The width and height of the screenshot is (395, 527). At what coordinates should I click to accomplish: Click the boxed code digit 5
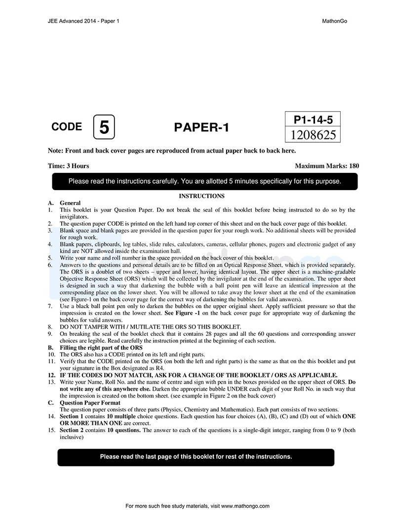(x=104, y=127)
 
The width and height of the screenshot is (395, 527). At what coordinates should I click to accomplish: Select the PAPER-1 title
(x=201, y=127)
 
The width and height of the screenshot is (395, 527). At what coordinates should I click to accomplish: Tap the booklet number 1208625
(x=312, y=135)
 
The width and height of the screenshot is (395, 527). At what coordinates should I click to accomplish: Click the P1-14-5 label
(x=312, y=120)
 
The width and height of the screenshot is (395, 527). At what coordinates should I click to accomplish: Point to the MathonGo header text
(x=334, y=21)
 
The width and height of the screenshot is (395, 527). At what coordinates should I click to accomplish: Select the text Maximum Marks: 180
(x=326, y=166)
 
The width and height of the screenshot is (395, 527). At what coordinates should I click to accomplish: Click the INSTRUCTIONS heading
(x=201, y=196)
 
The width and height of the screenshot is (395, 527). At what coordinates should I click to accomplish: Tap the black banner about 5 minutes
(x=204, y=181)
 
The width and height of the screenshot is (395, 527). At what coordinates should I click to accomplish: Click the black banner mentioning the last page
(x=196, y=457)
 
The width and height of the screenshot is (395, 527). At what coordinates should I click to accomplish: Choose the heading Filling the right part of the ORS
(x=101, y=348)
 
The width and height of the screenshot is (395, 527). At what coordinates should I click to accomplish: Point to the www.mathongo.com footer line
(x=197, y=506)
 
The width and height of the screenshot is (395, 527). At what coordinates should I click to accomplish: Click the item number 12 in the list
(x=51, y=375)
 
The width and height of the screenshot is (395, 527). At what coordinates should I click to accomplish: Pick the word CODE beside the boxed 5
(x=67, y=126)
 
